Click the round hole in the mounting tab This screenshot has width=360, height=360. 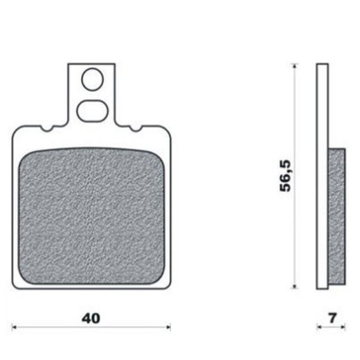[92, 79]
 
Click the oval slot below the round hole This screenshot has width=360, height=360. [92, 112]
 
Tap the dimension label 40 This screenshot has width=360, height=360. [91, 319]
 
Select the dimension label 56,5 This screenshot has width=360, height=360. [286, 176]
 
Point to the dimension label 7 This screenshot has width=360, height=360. [332, 318]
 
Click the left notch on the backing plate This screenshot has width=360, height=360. [47, 128]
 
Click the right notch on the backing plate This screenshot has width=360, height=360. [136, 128]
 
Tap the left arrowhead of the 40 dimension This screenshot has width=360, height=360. [14, 327]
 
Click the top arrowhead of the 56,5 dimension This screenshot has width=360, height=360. [295, 65]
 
